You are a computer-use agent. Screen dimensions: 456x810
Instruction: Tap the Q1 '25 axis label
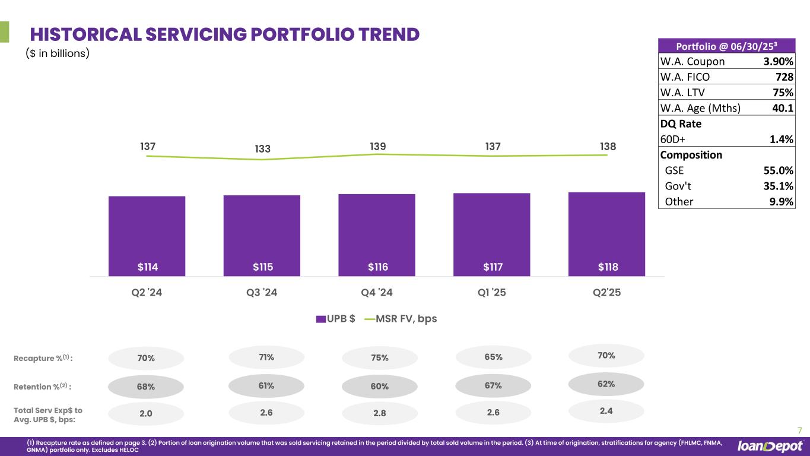(492, 293)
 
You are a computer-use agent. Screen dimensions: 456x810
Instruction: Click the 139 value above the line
(377, 145)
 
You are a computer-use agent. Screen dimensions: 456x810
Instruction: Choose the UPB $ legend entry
(336, 319)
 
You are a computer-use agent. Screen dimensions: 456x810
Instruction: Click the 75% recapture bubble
(380, 358)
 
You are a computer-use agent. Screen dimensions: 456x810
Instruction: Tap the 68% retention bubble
(146, 387)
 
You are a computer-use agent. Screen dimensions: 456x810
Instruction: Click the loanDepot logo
(770, 446)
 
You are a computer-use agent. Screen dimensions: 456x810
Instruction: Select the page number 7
(799, 430)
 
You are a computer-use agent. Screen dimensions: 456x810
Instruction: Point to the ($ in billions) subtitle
(57, 53)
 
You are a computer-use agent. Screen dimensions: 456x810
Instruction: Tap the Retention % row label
(42, 387)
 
